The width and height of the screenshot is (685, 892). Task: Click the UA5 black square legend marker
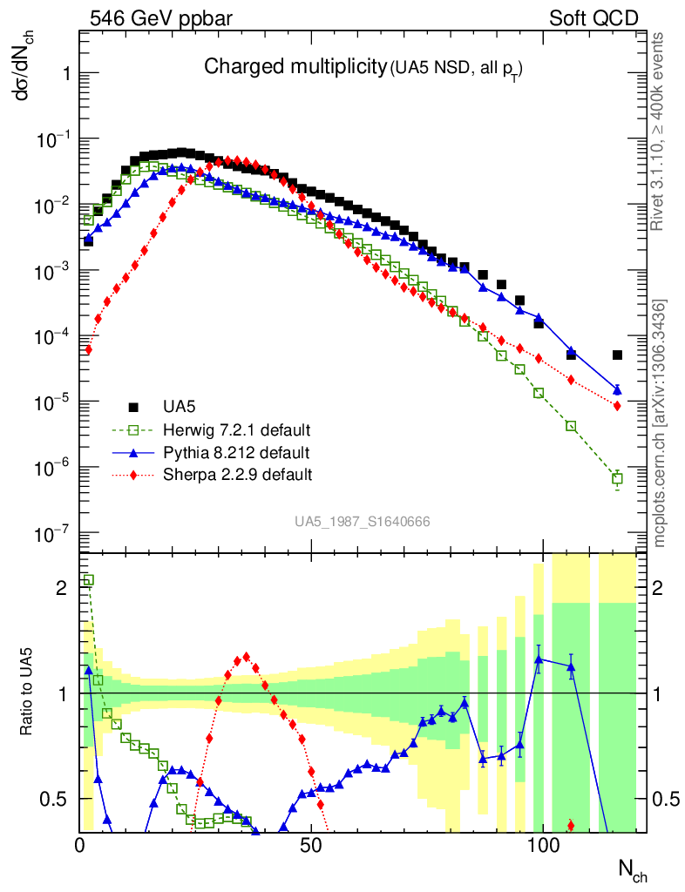[134, 407]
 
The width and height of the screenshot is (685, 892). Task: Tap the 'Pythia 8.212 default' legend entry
[235, 453]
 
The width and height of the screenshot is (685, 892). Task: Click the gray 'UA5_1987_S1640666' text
[362, 522]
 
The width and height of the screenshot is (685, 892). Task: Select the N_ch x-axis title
[632, 869]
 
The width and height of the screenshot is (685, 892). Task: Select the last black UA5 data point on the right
[617, 355]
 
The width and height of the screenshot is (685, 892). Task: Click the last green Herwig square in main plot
[617, 479]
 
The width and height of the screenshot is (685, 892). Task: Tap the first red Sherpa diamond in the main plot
[88, 349]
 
